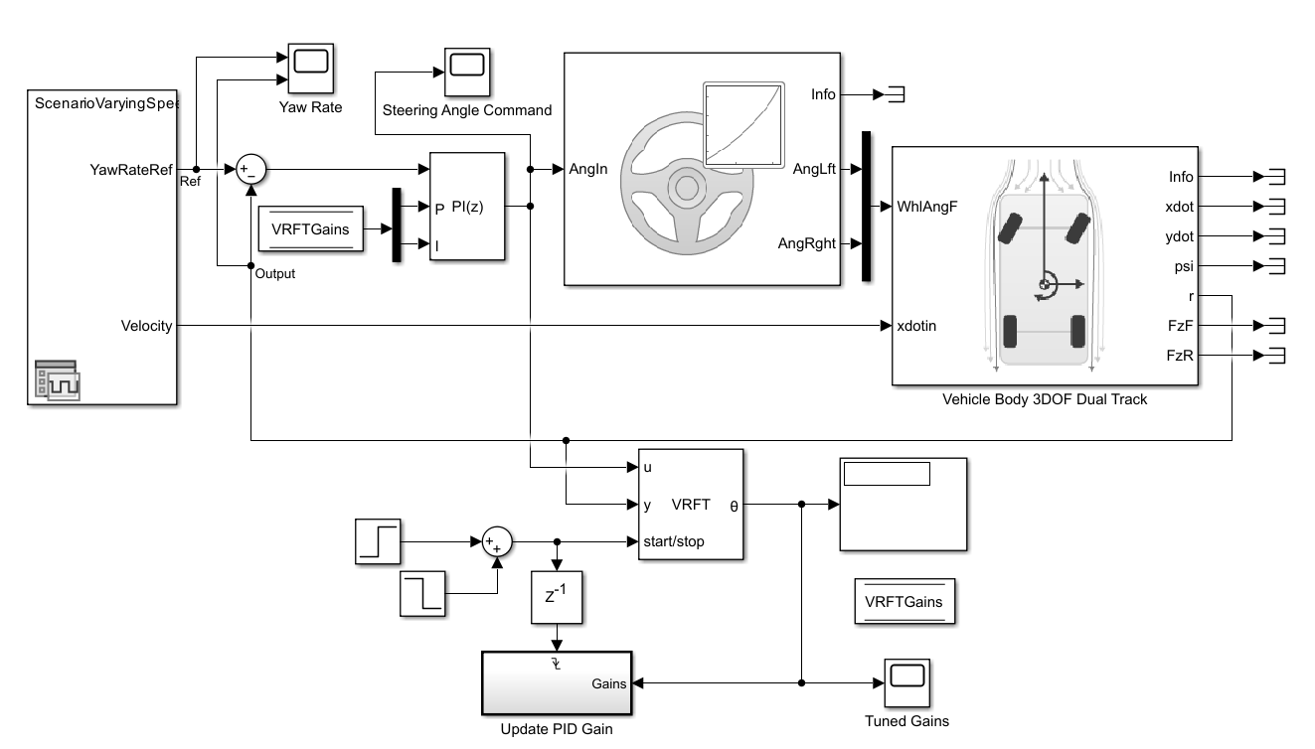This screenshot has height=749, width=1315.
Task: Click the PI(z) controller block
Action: (x=467, y=207)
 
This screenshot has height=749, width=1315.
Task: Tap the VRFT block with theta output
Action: (x=690, y=505)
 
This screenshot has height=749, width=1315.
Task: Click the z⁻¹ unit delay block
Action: (x=557, y=597)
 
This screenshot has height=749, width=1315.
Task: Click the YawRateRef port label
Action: (x=130, y=169)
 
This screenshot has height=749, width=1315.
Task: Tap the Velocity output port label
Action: (x=145, y=326)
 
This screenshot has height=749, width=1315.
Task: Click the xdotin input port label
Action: (x=916, y=326)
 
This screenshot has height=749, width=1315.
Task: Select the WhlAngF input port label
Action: (x=927, y=207)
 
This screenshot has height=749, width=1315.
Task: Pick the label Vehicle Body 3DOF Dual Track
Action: (x=1045, y=399)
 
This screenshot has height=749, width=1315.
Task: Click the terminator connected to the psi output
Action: (x=1270, y=266)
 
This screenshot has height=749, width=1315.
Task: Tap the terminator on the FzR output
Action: (x=1270, y=355)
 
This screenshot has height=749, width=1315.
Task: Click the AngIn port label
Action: (x=587, y=169)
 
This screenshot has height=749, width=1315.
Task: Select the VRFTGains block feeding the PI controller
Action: (x=310, y=229)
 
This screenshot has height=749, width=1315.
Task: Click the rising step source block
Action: (x=378, y=540)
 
